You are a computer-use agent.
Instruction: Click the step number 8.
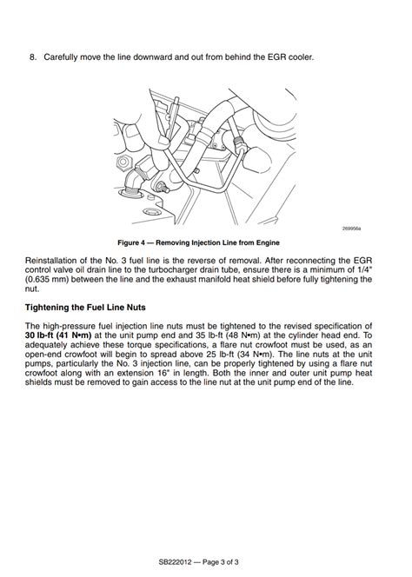coord(33,57)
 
